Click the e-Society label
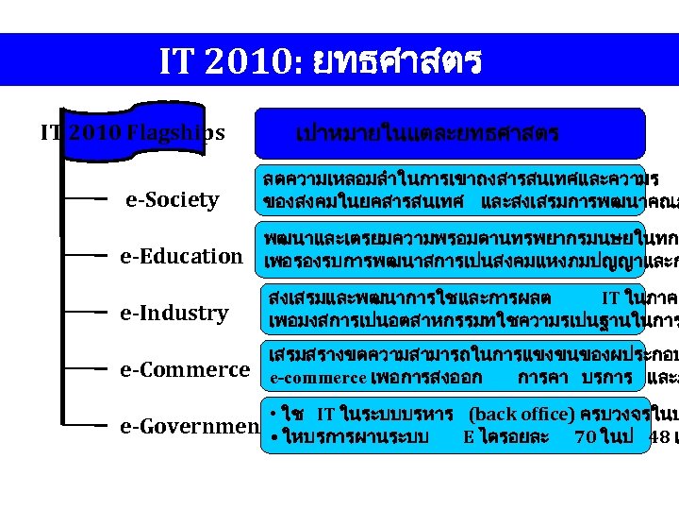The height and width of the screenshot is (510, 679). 172,199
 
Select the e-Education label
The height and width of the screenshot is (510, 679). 180,256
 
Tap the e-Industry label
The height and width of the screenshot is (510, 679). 174,313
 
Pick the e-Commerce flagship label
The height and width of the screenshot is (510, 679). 185,369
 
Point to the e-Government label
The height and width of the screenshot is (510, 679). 189,427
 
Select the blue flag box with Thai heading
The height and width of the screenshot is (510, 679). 450,133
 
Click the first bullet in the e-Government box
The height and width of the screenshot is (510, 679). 272,414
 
